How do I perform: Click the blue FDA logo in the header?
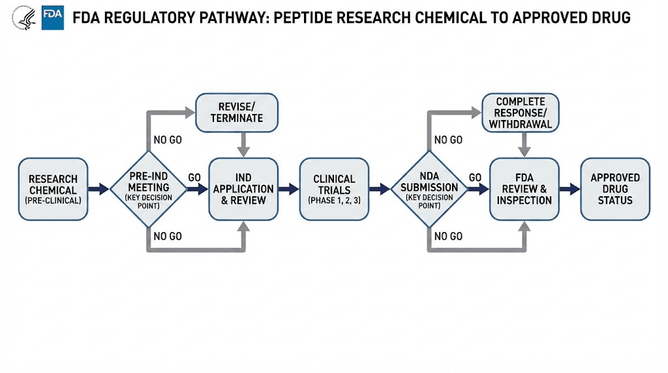click(52, 18)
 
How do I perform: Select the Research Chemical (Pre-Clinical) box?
click(53, 189)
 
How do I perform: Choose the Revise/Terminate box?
click(237, 112)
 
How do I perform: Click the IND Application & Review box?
click(243, 189)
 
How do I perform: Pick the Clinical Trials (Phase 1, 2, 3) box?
click(334, 189)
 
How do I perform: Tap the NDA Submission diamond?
click(429, 189)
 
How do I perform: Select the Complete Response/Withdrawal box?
click(520, 113)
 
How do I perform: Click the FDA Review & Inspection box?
click(524, 189)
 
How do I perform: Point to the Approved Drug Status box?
click(615, 189)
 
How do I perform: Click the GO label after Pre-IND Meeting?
click(194, 177)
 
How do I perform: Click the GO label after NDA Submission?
click(476, 177)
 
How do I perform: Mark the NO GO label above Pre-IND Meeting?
click(168, 140)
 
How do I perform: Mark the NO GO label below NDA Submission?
click(448, 236)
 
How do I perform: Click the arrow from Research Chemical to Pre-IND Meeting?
click(99, 189)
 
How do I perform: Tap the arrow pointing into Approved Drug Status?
click(569, 189)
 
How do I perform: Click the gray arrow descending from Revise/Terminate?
click(243, 143)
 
